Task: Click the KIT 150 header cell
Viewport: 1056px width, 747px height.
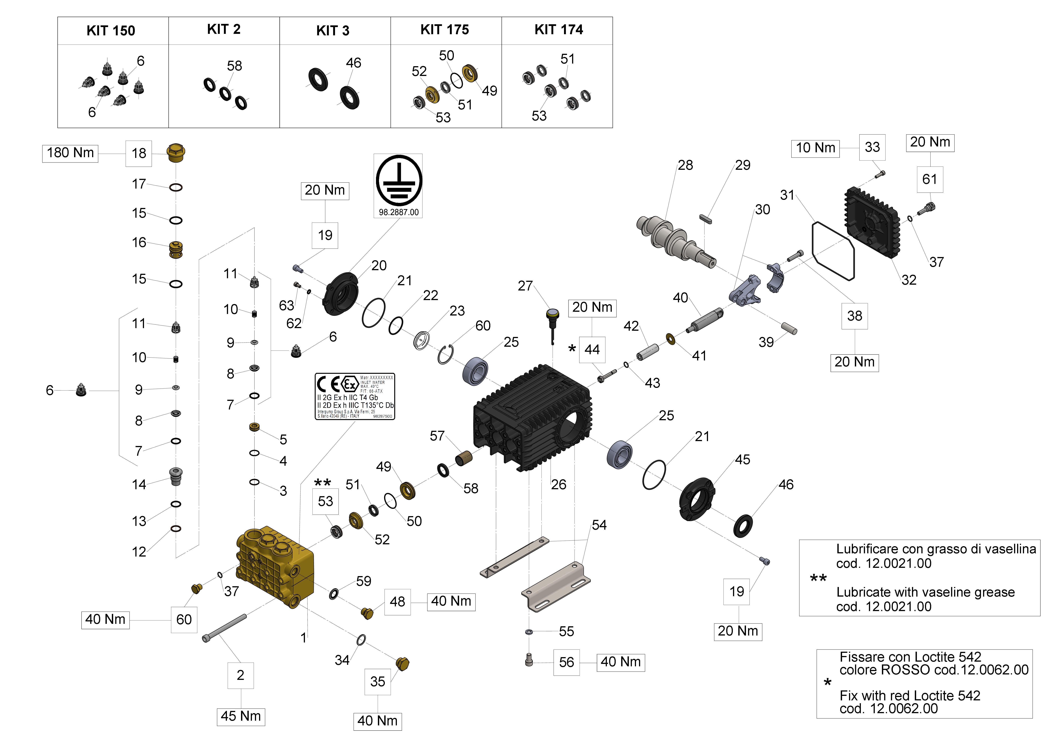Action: pos(111,31)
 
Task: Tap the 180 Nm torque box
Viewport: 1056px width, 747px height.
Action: pos(70,153)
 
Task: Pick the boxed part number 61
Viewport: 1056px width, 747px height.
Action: pos(929,179)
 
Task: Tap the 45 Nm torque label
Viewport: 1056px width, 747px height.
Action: pos(240,716)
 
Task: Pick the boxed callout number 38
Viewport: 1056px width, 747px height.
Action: pos(854,316)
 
